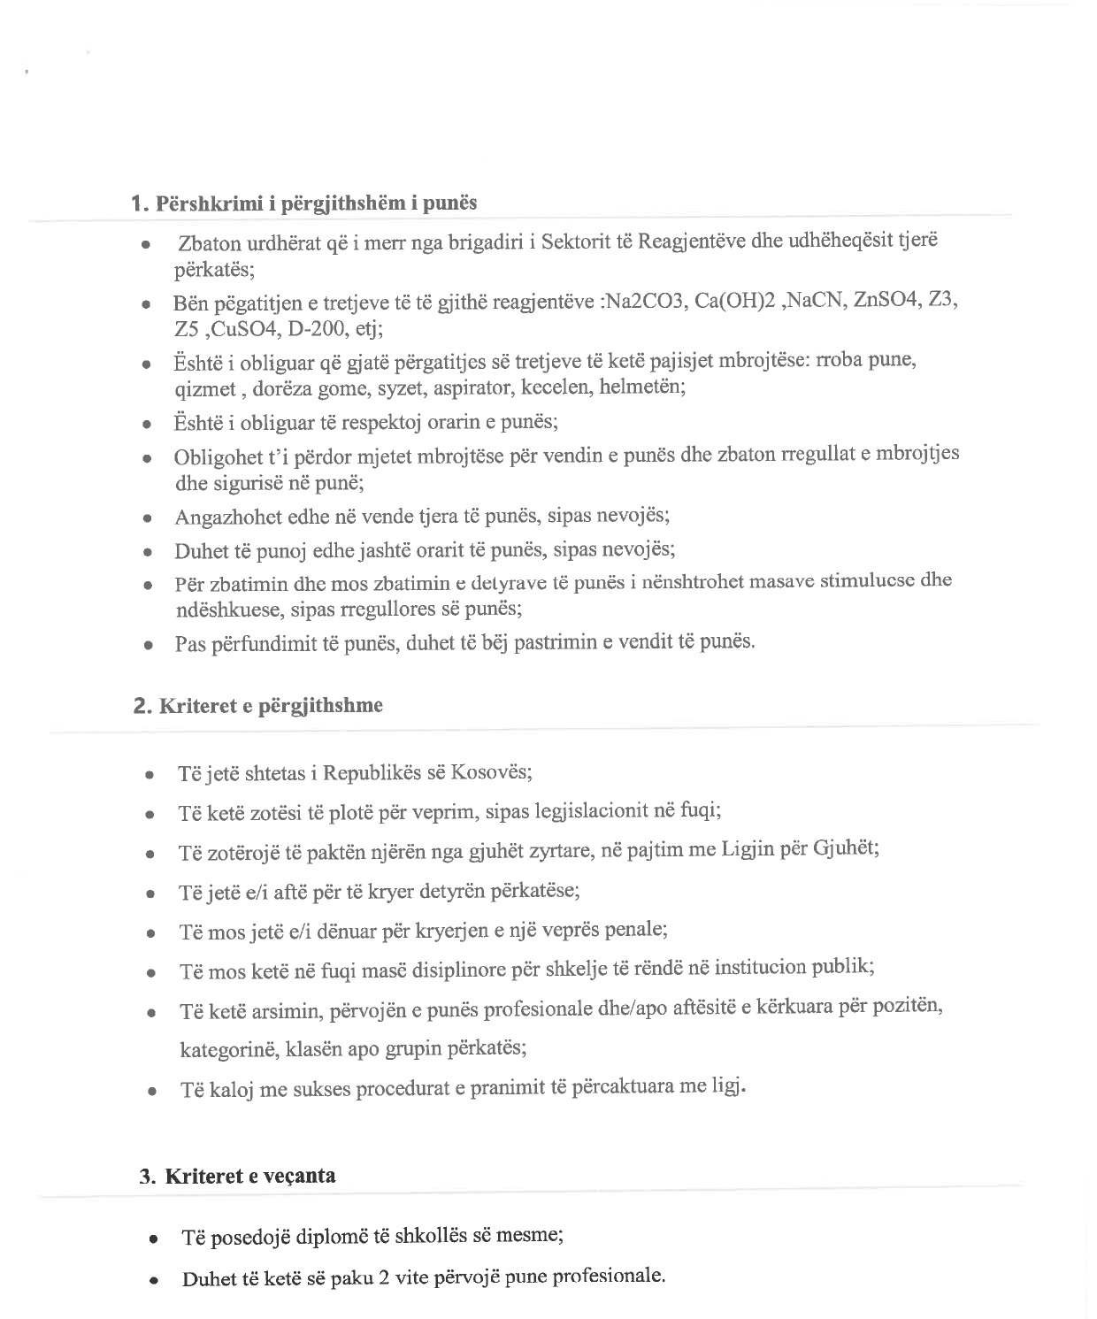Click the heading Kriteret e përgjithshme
coord(271,706)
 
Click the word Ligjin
coord(749,850)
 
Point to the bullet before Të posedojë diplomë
coord(155,1240)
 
